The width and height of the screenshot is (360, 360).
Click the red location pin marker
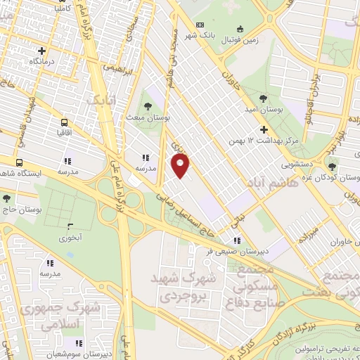(181, 166)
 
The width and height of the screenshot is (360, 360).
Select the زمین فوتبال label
(241, 40)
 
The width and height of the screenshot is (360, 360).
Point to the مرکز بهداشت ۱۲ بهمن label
(264, 141)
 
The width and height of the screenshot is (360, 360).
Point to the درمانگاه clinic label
(42, 63)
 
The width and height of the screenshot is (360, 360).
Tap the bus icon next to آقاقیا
(65, 120)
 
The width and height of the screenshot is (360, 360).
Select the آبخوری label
(70, 238)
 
